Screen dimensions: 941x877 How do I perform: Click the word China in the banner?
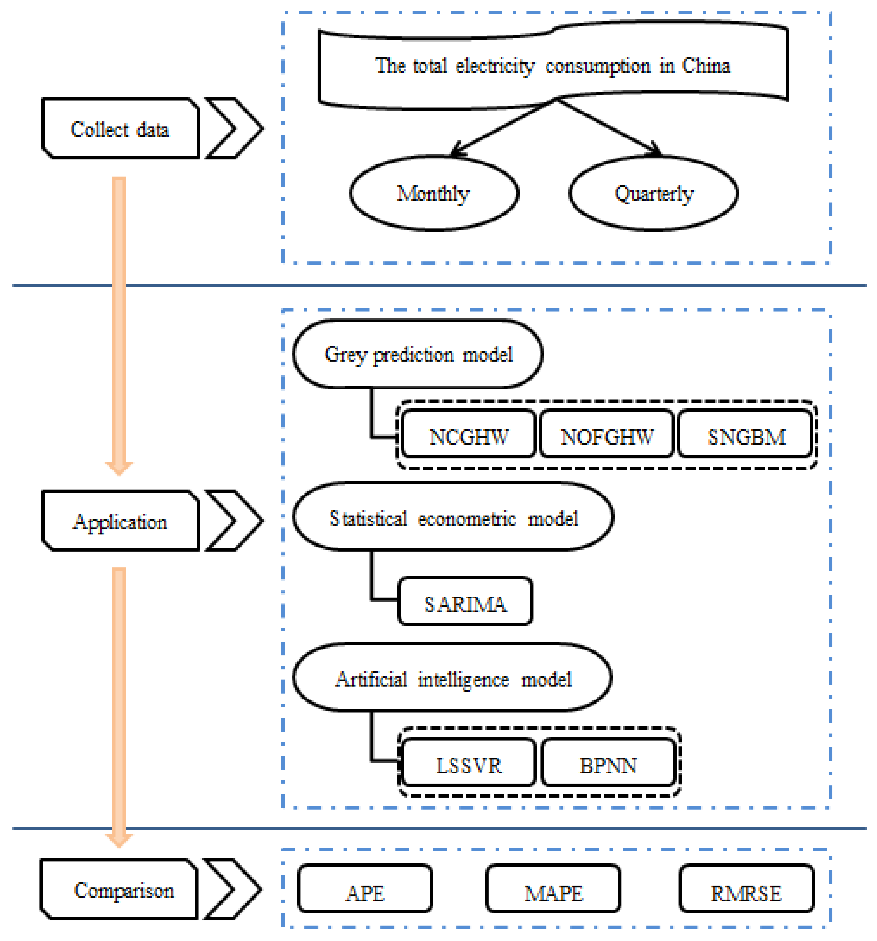click(x=705, y=65)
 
